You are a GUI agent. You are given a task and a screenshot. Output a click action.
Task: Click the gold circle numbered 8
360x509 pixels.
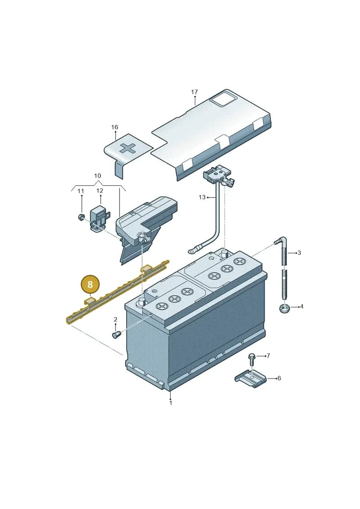90,285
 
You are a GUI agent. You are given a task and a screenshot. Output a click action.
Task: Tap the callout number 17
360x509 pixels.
194,92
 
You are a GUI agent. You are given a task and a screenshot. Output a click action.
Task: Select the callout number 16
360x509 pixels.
115,127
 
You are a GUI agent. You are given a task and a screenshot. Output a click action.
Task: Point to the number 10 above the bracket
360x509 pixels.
97,176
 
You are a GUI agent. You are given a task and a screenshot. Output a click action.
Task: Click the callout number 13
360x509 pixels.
202,197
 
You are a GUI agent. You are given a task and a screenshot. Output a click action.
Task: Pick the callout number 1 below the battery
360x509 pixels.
171,403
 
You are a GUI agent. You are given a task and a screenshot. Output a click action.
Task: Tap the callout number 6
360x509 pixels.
279,378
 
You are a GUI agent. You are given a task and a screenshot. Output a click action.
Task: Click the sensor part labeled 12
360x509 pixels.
99,217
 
